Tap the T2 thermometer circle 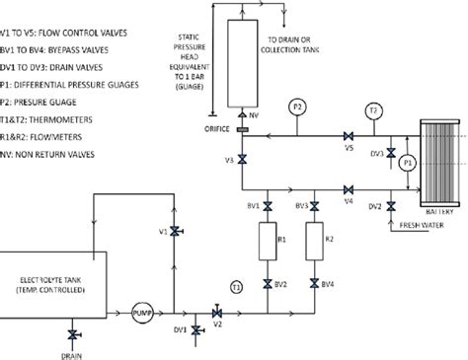pyautogui.click(x=372, y=110)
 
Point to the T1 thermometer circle pyautogui.click(x=236, y=286)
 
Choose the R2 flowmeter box pyautogui.click(x=315, y=239)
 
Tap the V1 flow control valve pyautogui.click(x=175, y=231)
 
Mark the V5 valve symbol pyautogui.click(x=349, y=136)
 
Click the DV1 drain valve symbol pyautogui.click(x=194, y=329)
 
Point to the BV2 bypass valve pyautogui.click(x=267, y=284)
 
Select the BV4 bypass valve pyautogui.click(x=315, y=284)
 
